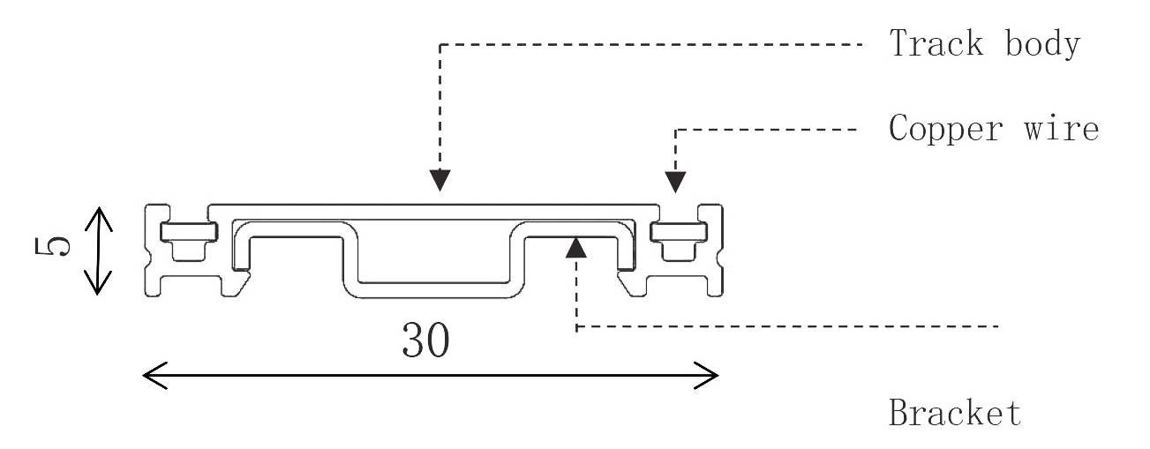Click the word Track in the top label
(936, 44)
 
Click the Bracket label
(955, 413)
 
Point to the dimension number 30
(425, 340)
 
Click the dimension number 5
(55, 250)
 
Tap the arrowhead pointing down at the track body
(440, 181)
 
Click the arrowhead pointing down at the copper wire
(675, 181)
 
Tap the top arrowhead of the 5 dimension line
(99, 214)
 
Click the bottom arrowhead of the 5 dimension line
(99, 285)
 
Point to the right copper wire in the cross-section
(679, 231)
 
